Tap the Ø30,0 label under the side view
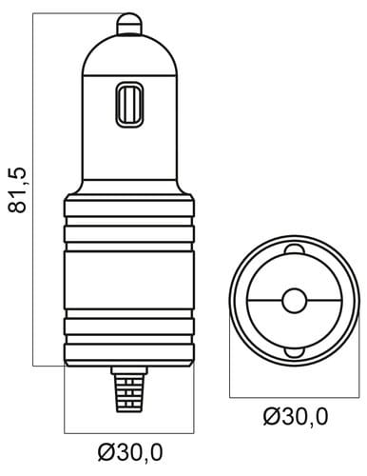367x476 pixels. (130, 452)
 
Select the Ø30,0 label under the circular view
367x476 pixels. (296, 416)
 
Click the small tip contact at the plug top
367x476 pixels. (129, 23)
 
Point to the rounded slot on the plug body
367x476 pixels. (129, 105)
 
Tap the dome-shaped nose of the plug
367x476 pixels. (129, 54)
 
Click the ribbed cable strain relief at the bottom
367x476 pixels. (129, 393)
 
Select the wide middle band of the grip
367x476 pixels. (129, 280)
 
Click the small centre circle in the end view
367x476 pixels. (295, 300)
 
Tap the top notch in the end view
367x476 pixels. (295, 249)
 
